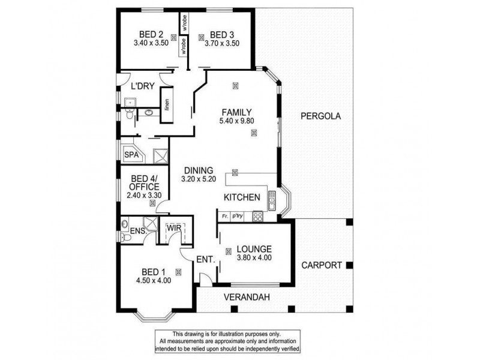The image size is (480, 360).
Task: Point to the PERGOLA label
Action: pyautogui.click(x=320, y=117)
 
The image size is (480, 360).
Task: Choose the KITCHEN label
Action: pyautogui.click(x=241, y=197)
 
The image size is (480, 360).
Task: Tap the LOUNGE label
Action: pyautogui.click(x=254, y=249)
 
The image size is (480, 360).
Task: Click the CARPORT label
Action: pyautogui.click(x=322, y=265)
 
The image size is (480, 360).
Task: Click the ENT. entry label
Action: pyautogui.click(x=203, y=259)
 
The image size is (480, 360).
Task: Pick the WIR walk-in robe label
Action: pyautogui.click(x=175, y=228)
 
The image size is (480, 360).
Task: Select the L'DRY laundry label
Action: pyautogui.click(x=143, y=87)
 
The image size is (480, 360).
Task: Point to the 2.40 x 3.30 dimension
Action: pyautogui.click(x=145, y=196)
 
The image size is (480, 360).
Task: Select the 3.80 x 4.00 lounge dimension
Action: pyautogui.click(x=254, y=259)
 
